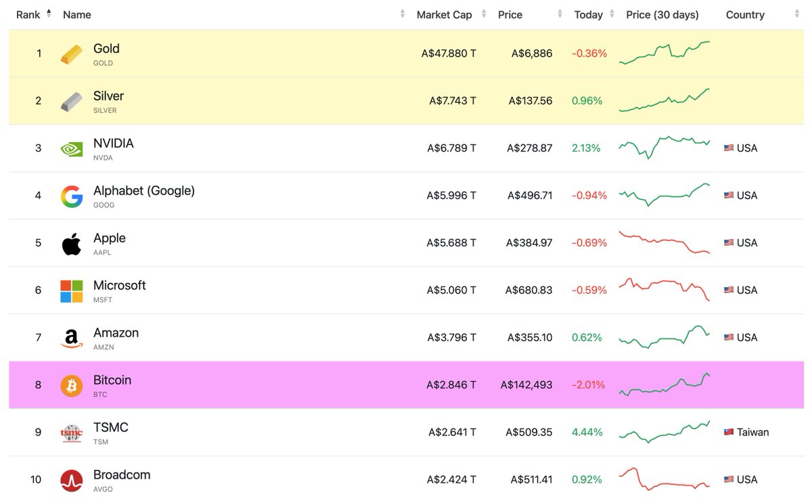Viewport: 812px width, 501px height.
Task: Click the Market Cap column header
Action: pos(444,15)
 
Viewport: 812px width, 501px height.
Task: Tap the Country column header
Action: pos(744,15)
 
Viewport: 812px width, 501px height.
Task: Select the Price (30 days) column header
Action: pos(662,15)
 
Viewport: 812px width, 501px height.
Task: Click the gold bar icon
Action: pos(71,54)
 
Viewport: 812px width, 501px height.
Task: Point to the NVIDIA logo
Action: pos(71,148)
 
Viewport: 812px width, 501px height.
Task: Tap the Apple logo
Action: pos(71,243)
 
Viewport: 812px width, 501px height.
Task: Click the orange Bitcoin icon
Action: pos(71,385)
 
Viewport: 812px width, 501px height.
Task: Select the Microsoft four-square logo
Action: pos(71,290)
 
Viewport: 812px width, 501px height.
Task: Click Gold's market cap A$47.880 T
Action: pos(448,53)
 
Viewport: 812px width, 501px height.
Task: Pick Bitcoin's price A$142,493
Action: pos(526,385)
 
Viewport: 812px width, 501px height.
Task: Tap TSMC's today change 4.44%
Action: pos(587,433)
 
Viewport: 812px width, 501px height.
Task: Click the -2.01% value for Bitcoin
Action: pos(589,385)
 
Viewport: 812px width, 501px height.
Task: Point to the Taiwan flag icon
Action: pos(729,433)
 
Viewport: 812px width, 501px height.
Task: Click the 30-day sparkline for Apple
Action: pos(664,243)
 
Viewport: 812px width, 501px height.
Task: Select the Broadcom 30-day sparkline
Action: pos(664,479)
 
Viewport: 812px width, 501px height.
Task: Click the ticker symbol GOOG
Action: pos(104,205)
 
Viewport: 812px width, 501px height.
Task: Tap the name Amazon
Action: pos(116,332)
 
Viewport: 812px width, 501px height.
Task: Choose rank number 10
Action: pos(36,480)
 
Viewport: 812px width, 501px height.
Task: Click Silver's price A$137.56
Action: pos(530,101)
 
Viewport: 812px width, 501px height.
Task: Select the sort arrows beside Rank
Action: pos(49,14)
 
